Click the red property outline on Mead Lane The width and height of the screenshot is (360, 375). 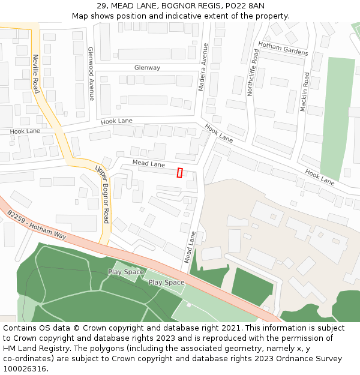[179, 173]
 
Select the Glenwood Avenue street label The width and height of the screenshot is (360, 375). [91, 74]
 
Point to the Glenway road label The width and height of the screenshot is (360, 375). [147, 68]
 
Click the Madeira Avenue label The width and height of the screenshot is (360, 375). [203, 67]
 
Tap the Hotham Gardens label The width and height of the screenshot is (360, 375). [283, 49]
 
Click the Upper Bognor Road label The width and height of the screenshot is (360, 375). [102, 193]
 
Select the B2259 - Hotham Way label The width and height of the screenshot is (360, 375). [37, 224]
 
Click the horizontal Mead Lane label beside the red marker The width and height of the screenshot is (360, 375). [148, 164]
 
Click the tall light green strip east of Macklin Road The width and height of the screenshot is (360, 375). [338, 114]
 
